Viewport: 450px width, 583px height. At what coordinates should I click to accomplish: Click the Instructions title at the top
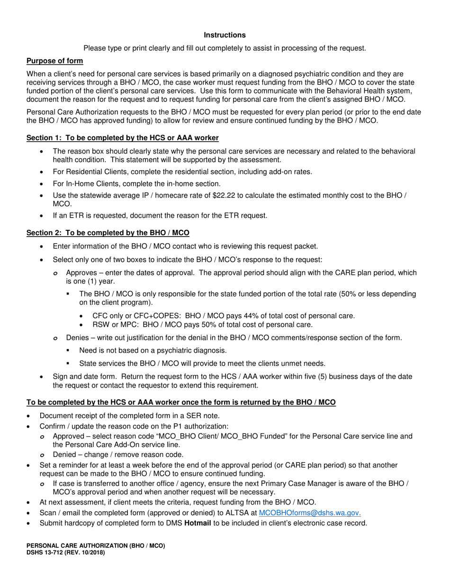(225, 35)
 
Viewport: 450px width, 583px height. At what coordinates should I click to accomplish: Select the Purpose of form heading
(54, 61)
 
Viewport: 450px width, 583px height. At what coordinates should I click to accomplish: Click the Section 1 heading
(122, 138)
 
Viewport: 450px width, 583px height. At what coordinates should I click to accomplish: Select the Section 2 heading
(108, 233)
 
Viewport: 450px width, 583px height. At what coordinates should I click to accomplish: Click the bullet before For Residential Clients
(43, 172)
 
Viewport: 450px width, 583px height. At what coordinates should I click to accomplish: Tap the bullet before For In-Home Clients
(43, 183)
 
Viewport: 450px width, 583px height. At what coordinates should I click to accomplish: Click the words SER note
(200, 416)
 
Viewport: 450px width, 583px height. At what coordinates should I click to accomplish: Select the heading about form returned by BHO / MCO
(181, 402)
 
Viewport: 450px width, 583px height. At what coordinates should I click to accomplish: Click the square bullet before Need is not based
(69, 350)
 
